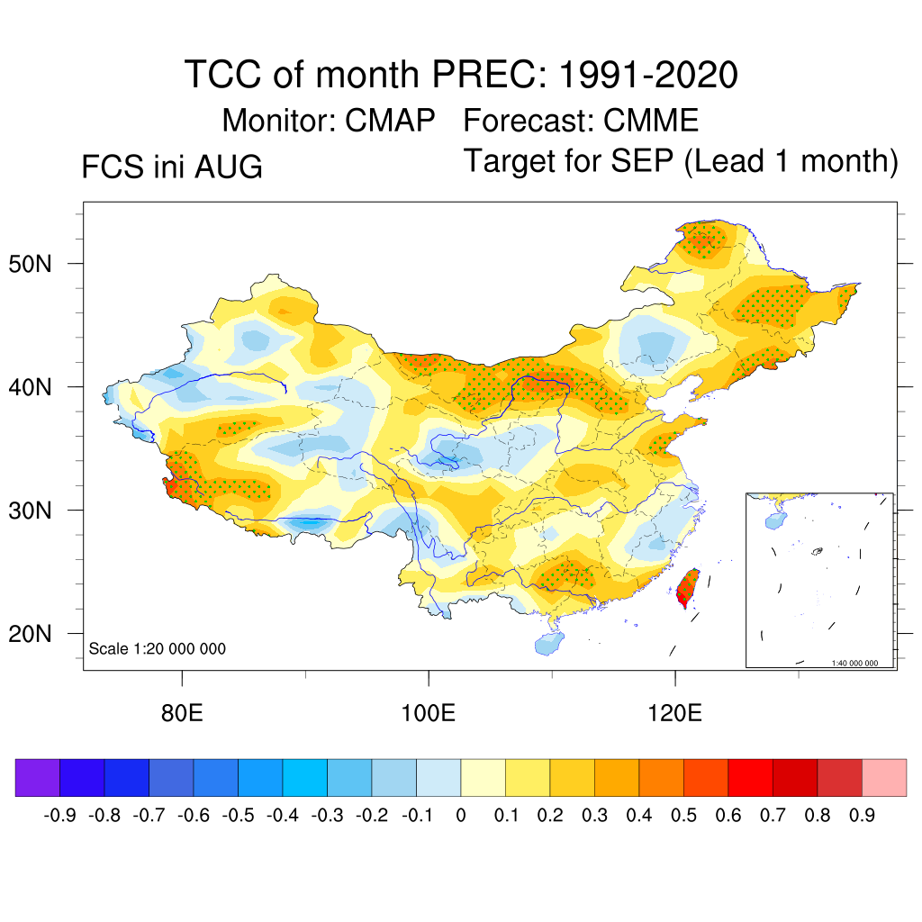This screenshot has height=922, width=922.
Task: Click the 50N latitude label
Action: [x=30, y=264]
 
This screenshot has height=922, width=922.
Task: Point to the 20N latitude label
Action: [x=30, y=634]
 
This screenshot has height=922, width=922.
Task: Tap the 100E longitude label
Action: [x=428, y=713]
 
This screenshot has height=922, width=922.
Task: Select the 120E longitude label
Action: [x=674, y=713]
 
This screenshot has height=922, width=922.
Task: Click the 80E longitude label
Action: [x=182, y=713]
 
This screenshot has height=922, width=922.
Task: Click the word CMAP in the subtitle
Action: [x=390, y=121]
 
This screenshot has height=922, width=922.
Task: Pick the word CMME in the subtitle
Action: [x=651, y=121]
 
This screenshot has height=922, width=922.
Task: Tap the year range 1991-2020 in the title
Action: [x=648, y=75]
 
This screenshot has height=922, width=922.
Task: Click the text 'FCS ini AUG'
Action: [x=172, y=167]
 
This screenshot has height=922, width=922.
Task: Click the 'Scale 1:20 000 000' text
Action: [x=157, y=648]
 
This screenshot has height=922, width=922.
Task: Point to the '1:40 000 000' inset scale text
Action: [x=854, y=664]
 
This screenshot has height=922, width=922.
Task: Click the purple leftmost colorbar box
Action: [x=38, y=777]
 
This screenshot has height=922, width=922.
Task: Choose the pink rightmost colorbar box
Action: [x=884, y=777]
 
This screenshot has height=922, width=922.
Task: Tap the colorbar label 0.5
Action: [x=683, y=816]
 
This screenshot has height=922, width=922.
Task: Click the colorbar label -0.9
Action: [x=59, y=816]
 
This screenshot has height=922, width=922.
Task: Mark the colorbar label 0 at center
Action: [x=461, y=816]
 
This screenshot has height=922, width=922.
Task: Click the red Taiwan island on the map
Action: [x=687, y=588]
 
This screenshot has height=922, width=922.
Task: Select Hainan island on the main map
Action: [x=549, y=643]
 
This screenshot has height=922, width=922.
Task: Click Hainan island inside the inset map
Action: [x=775, y=520]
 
